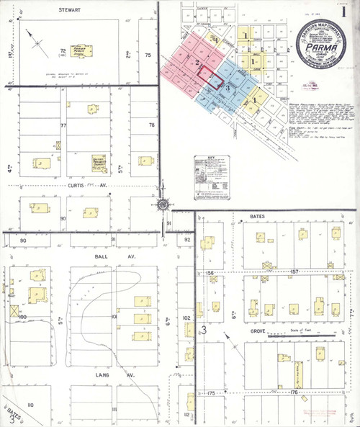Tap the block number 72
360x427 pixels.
click(x=63, y=50)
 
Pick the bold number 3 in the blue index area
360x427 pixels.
click(x=228, y=87)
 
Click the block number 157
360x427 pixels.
click(x=294, y=273)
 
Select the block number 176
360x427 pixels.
click(x=293, y=392)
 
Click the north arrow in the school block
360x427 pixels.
click(x=37, y=40)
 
